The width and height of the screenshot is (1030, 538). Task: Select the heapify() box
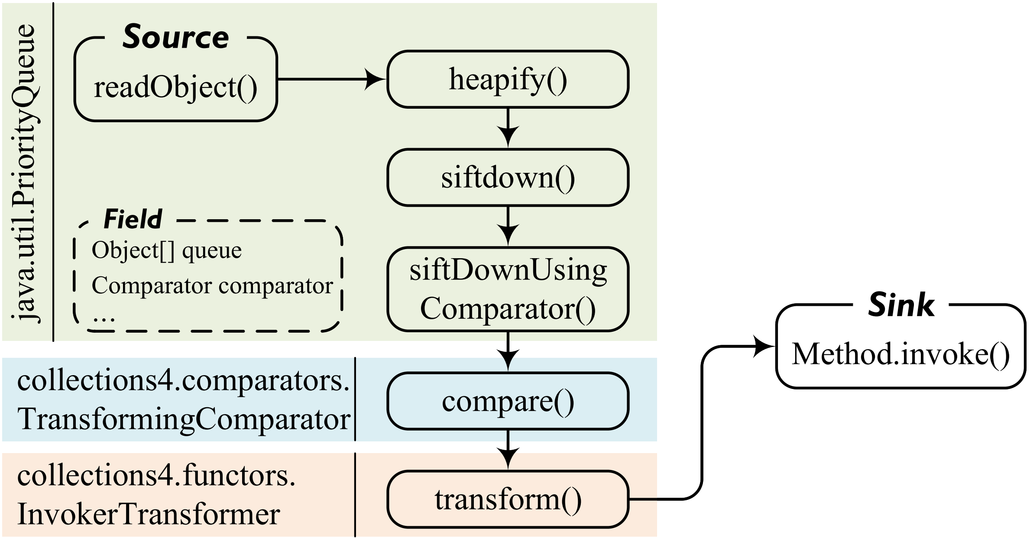point(508,79)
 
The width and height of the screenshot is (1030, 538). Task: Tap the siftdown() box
point(508,178)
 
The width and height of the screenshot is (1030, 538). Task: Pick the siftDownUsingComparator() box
point(508,289)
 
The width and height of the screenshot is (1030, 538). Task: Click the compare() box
point(508,401)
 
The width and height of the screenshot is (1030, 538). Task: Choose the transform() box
point(508,499)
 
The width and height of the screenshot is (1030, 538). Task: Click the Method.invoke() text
point(900,354)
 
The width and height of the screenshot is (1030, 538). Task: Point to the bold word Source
point(175,37)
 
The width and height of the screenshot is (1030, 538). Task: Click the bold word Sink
point(901,305)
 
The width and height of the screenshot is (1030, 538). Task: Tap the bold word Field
point(133,219)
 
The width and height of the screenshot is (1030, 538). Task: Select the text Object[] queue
point(166,250)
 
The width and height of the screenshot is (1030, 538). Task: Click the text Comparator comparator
point(212,285)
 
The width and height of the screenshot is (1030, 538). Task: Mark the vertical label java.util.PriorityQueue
point(26,173)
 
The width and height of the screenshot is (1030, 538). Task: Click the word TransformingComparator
point(184,419)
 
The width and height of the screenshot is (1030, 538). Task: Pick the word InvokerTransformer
point(149,514)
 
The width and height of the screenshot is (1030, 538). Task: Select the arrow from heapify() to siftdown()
point(508,128)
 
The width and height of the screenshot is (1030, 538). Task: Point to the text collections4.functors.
point(156,476)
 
